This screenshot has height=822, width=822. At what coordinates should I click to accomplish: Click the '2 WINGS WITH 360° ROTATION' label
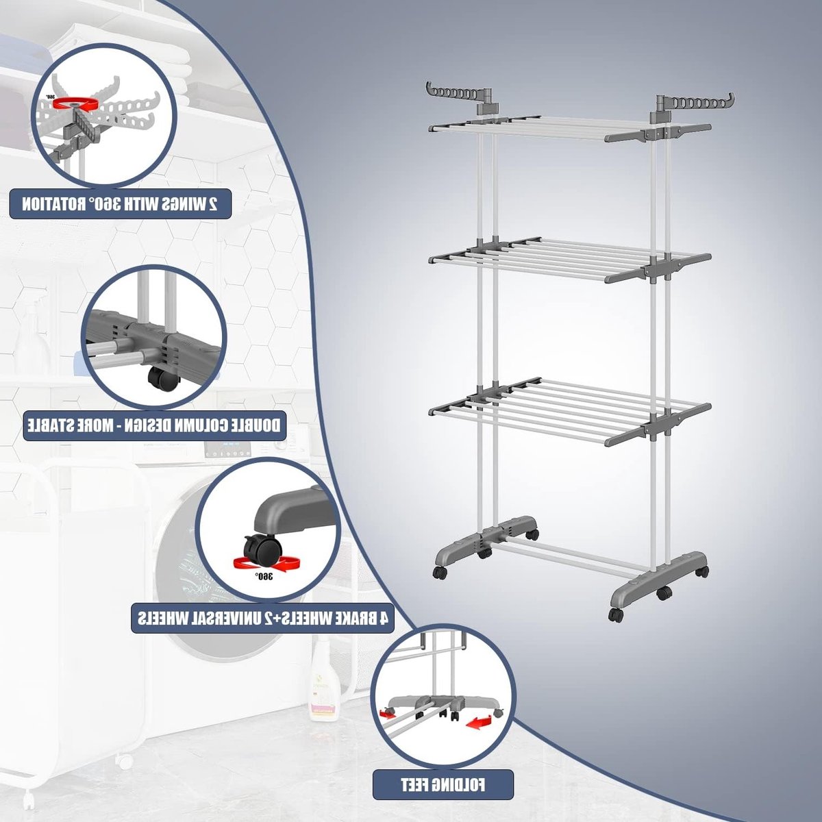click(x=120, y=204)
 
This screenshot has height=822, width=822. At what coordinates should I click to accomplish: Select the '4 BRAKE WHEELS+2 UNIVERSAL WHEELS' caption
click(x=262, y=617)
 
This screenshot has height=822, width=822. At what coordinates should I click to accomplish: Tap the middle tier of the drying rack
click(x=569, y=260)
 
